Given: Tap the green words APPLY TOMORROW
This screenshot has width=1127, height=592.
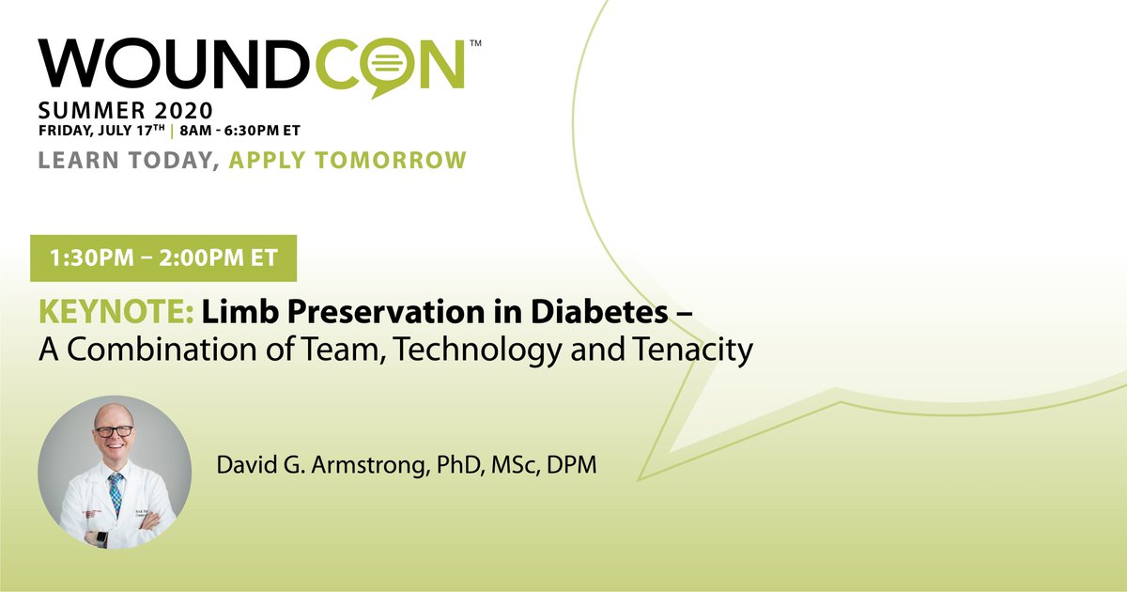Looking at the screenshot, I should point(347,160).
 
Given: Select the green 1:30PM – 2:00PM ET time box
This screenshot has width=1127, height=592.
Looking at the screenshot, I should point(163,257).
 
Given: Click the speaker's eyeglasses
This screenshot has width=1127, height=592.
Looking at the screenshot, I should point(114,431).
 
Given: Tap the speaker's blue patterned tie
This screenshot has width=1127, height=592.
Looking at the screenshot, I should point(115,490).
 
